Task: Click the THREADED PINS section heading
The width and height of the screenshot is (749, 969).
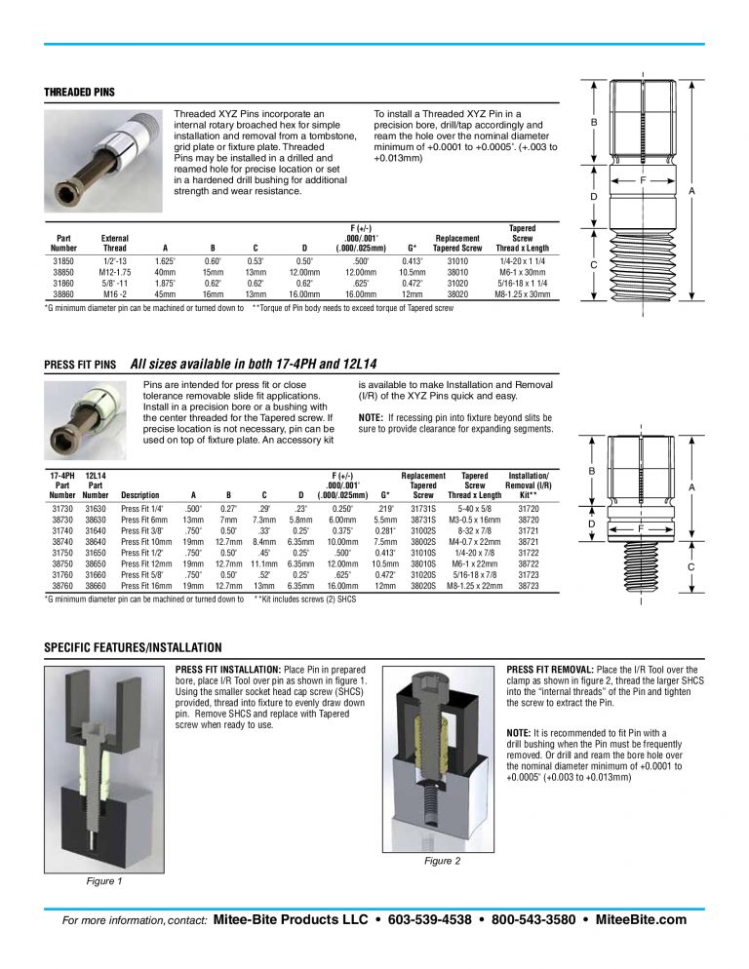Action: point(79,93)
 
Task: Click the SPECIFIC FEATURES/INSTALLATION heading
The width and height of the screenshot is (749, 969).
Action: point(133,648)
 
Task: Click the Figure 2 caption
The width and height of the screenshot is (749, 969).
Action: point(442,861)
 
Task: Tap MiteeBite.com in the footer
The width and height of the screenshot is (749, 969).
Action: point(640,919)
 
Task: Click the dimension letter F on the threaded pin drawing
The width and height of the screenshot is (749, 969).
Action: point(644,180)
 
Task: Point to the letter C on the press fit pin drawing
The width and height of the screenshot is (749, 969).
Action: point(690,566)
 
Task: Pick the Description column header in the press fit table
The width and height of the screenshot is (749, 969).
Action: point(139,494)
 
